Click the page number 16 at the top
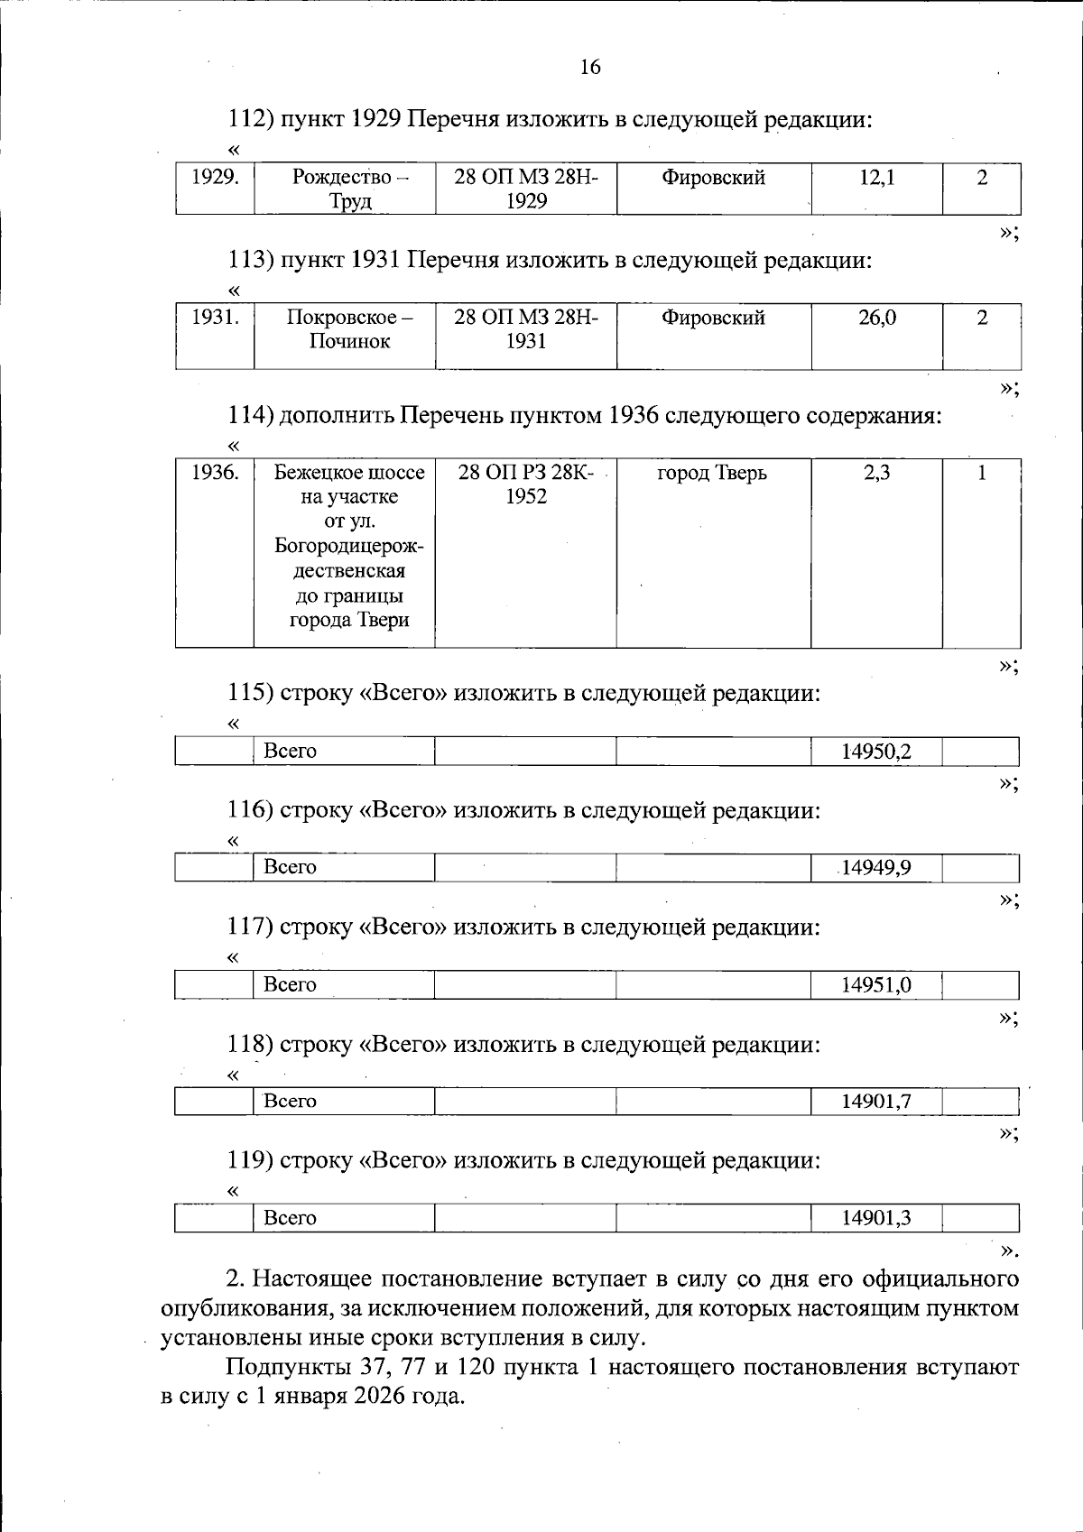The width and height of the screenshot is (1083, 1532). (590, 67)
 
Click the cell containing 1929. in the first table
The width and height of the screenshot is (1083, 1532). (215, 178)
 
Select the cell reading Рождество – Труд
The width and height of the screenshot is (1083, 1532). (350, 189)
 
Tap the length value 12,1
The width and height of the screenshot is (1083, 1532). (876, 178)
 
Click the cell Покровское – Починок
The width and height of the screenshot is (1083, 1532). (350, 329)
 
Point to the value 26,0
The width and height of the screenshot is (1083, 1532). (876, 318)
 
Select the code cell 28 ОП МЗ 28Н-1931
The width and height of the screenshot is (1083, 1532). (526, 329)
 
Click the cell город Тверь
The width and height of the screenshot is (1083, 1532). (712, 473)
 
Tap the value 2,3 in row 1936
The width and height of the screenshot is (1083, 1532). (876, 473)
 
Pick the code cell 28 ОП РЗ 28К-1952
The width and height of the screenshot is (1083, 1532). (526, 485)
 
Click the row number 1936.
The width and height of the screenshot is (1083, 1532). (215, 473)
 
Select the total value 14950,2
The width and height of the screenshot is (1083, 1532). (876, 752)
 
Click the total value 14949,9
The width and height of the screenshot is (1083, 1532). (876, 868)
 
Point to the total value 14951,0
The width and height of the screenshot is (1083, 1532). (876, 985)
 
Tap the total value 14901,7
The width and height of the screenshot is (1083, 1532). (876, 1102)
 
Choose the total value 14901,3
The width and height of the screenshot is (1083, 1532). (876, 1218)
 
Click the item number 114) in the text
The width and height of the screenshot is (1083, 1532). (250, 416)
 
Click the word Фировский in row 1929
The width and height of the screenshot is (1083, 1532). (713, 178)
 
